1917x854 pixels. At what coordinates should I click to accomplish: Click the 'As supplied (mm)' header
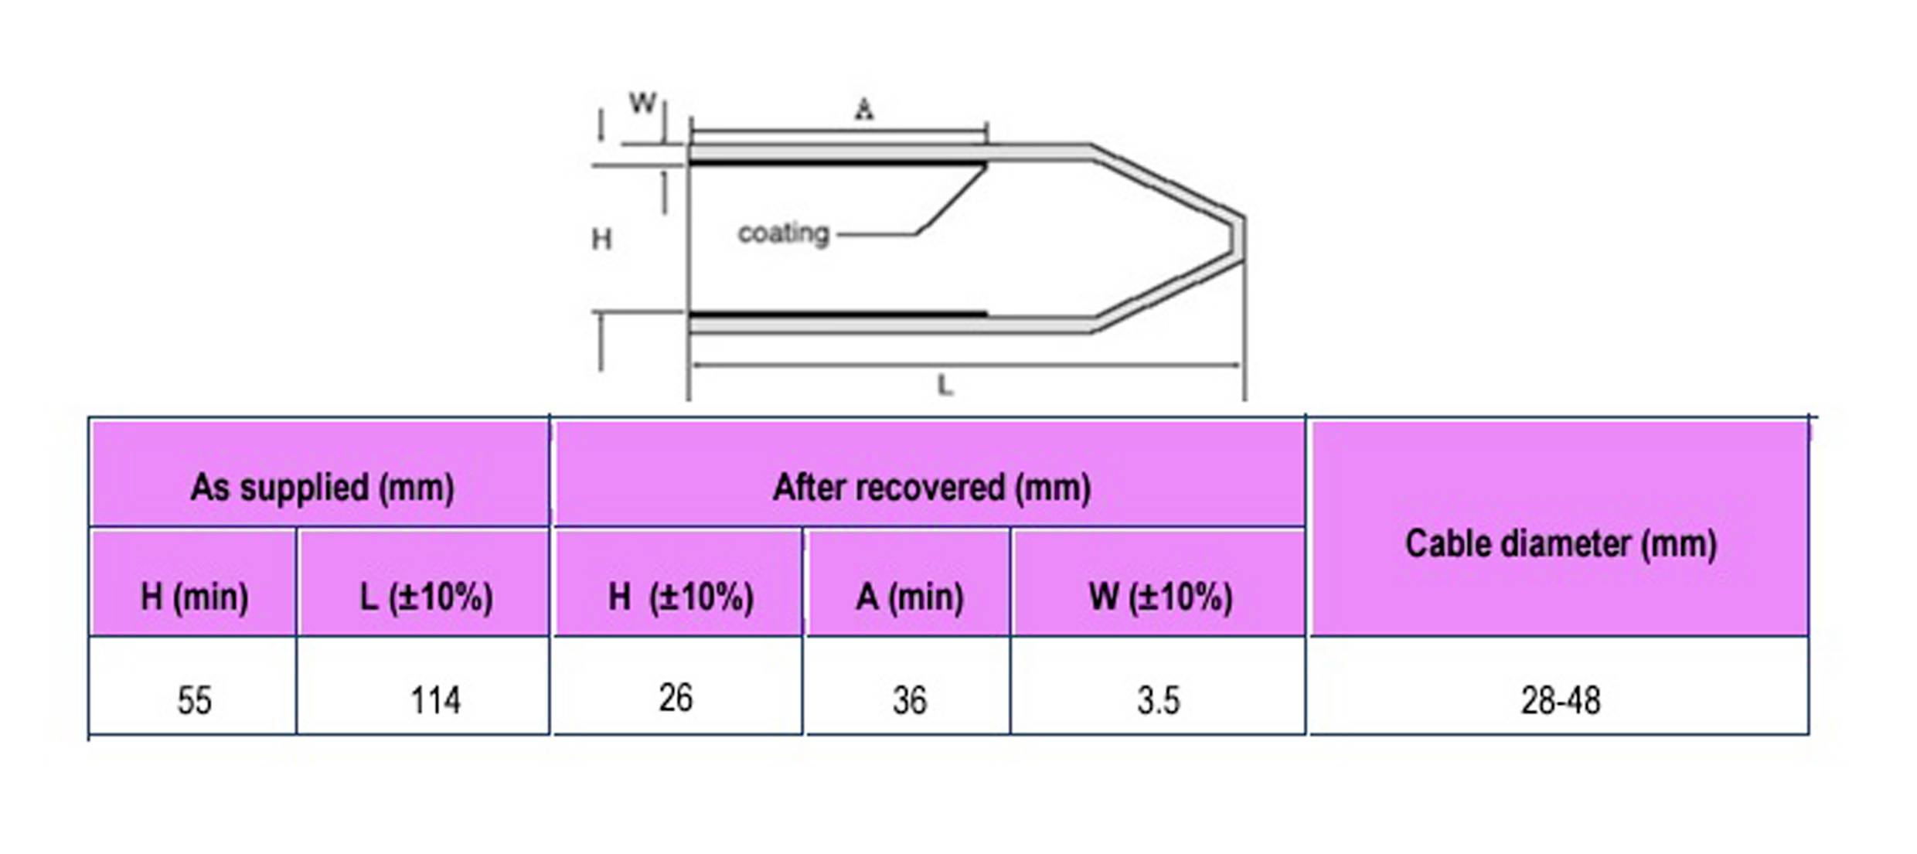point(322,488)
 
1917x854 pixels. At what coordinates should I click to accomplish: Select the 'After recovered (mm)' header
point(931,488)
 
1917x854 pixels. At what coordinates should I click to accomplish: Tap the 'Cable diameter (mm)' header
point(1561,543)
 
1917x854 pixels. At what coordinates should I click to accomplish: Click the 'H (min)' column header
point(194,597)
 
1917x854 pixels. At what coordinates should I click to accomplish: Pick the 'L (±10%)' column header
point(426,597)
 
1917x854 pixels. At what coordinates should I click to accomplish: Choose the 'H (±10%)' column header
point(680,597)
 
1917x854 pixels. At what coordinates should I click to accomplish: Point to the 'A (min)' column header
point(909,597)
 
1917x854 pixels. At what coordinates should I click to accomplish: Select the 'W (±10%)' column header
point(1160,597)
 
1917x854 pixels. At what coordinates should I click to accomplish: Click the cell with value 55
point(194,700)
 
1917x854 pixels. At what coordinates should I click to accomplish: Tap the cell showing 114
point(434,700)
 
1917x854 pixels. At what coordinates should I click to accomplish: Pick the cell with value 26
point(676,697)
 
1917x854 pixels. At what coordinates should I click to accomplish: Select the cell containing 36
point(909,700)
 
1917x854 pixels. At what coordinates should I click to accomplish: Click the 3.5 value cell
point(1158,700)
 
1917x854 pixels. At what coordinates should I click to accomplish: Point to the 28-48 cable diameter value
point(1561,700)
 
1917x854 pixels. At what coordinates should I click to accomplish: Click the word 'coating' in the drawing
point(783,233)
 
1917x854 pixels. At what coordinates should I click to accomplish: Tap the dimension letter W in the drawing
point(642,103)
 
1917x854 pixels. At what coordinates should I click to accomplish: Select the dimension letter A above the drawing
point(864,109)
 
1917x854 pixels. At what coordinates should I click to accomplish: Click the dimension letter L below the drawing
point(945,384)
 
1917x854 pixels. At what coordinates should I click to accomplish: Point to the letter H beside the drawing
point(601,239)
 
